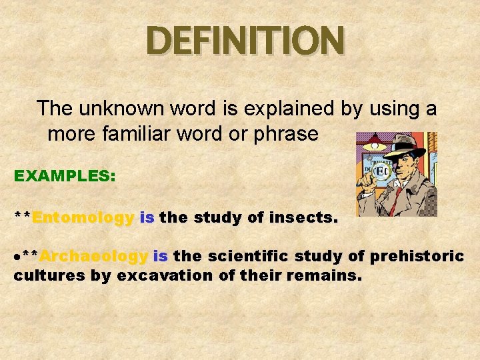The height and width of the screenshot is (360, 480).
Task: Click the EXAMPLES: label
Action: (65, 176)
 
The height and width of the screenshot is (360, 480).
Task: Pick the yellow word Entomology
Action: (83, 217)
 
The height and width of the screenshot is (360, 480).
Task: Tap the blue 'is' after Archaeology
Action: (160, 256)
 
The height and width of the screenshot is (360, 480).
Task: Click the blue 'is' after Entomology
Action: (147, 217)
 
